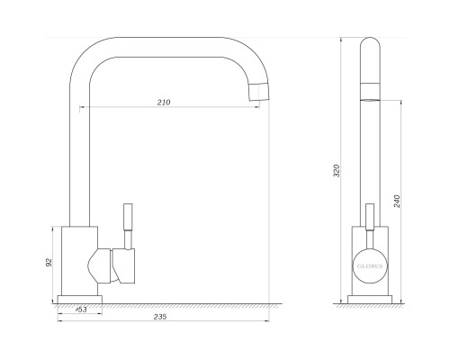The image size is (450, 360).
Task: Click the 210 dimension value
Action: click(x=164, y=103)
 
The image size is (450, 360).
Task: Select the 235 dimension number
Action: click(x=160, y=317)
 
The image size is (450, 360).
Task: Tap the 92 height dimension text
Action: click(x=49, y=262)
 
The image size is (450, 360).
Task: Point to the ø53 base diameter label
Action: click(x=81, y=310)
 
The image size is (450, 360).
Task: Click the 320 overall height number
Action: click(x=337, y=171)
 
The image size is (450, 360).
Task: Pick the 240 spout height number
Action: click(x=397, y=202)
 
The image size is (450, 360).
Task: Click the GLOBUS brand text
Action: click(x=370, y=266)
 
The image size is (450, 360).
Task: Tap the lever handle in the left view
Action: click(x=128, y=227)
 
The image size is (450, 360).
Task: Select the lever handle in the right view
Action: click(x=370, y=227)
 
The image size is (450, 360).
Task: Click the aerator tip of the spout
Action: click(x=259, y=92)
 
